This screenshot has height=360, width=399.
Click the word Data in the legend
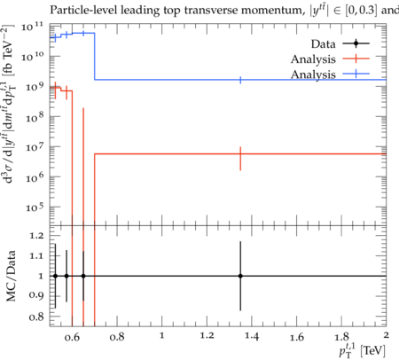click(x=323, y=44)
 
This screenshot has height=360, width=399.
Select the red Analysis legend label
click(x=313, y=59)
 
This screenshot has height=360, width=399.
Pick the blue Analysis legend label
click(x=313, y=74)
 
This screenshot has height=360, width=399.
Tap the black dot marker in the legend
click(x=356, y=43)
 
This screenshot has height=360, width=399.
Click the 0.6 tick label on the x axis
click(x=72, y=337)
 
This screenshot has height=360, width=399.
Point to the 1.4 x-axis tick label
click(x=252, y=336)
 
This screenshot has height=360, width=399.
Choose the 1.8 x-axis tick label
click(x=341, y=337)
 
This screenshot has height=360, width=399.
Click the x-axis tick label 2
click(x=386, y=335)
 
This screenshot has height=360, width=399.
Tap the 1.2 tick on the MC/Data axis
click(x=36, y=236)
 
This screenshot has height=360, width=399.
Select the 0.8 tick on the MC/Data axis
click(x=36, y=317)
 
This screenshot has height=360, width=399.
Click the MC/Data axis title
click(x=11, y=276)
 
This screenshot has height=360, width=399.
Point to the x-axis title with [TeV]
click(x=362, y=349)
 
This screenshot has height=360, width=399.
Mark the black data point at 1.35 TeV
click(x=240, y=276)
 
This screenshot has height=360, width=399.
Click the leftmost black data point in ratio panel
click(x=55, y=276)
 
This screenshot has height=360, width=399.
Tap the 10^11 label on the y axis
click(x=32, y=27)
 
